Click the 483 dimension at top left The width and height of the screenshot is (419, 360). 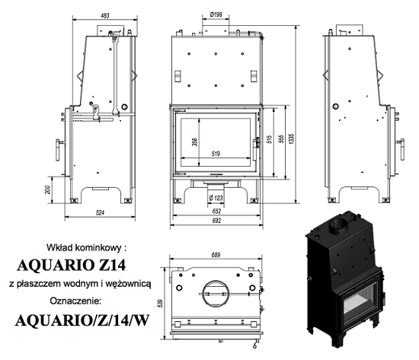[x=105, y=15]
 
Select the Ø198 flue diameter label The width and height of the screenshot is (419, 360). [x=216, y=14]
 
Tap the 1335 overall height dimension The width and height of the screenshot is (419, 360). [x=291, y=139]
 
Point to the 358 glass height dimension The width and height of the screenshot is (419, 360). [x=194, y=142]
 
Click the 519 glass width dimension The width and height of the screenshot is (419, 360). [x=216, y=154]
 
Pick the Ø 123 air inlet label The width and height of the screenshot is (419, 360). [x=216, y=198]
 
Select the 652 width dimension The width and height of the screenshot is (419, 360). [x=216, y=211]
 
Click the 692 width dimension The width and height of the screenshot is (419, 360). [x=216, y=221]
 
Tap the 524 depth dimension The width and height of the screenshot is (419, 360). [x=100, y=212]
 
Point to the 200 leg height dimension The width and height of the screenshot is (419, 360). [x=47, y=190]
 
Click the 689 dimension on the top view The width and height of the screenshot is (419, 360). [x=216, y=255]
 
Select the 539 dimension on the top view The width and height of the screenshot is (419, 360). [x=160, y=303]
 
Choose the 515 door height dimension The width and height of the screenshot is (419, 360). [x=269, y=139]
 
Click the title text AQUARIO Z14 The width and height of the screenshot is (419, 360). [x=71, y=265]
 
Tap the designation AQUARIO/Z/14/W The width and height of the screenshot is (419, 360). [x=82, y=320]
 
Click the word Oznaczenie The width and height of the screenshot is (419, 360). [x=75, y=301]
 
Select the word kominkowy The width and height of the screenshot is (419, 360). [x=98, y=248]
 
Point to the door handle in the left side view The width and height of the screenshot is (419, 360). [x=59, y=149]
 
